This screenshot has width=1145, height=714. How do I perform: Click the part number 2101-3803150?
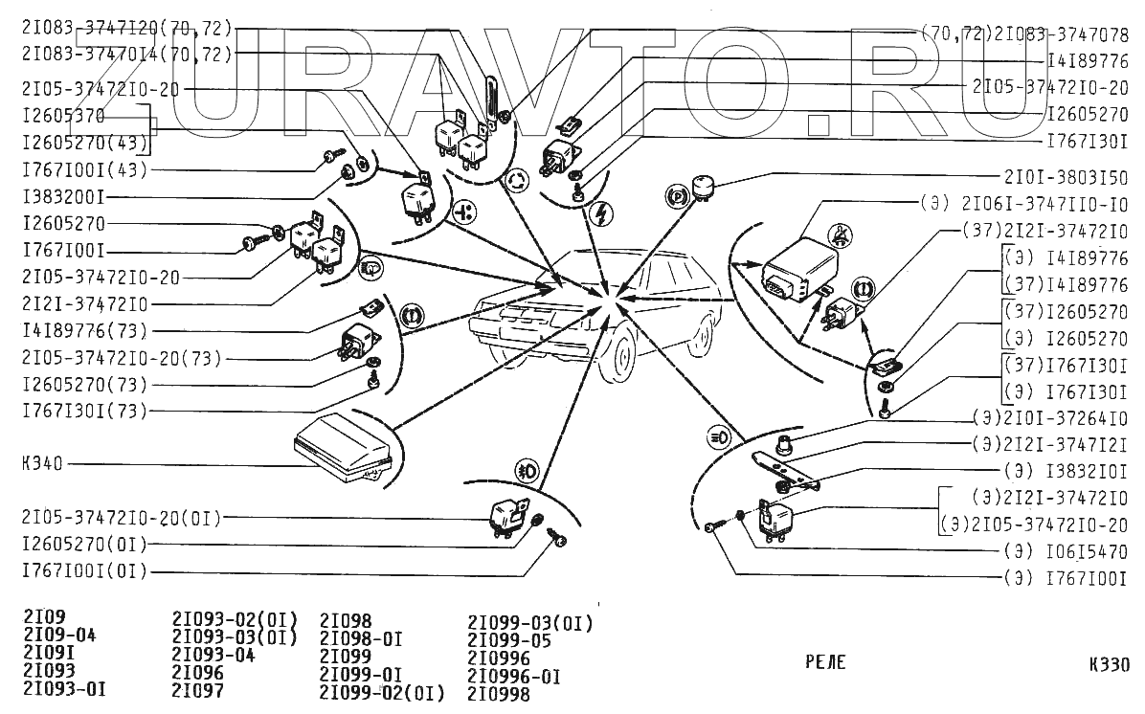click(x=1066, y=178)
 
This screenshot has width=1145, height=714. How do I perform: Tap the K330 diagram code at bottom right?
click(x=1109, y=665)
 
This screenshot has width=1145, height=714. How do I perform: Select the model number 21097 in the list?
click(x=197, y=689)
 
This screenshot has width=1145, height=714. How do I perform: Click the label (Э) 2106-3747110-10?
click(x=1025, y=205)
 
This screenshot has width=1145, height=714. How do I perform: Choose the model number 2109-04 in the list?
click(x=59, y=635)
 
